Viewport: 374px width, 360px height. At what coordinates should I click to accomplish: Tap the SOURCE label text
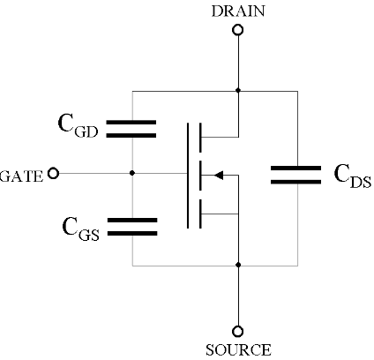[x=237, y=350]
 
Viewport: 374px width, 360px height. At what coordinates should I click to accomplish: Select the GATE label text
[x=21, y=174]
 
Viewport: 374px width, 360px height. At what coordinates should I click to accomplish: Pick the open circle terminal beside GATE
[x=53, y=174]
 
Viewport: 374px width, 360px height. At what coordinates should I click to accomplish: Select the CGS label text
[x=79, y=230]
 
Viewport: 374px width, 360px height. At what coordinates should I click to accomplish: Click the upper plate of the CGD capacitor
[x=131, y=123]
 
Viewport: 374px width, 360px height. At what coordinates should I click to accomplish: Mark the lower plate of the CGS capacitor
[x=131, y=234]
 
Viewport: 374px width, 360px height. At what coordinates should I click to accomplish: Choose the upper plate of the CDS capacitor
[x=295, y=167]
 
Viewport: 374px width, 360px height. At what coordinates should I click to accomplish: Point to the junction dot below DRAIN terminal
[x=237, y=90]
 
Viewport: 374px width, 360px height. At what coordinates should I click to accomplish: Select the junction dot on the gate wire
[x=131, y=174]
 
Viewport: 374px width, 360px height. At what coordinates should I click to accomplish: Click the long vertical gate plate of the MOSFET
[x=188, y=175]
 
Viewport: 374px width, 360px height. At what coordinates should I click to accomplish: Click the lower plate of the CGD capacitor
[x=131, y=135]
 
